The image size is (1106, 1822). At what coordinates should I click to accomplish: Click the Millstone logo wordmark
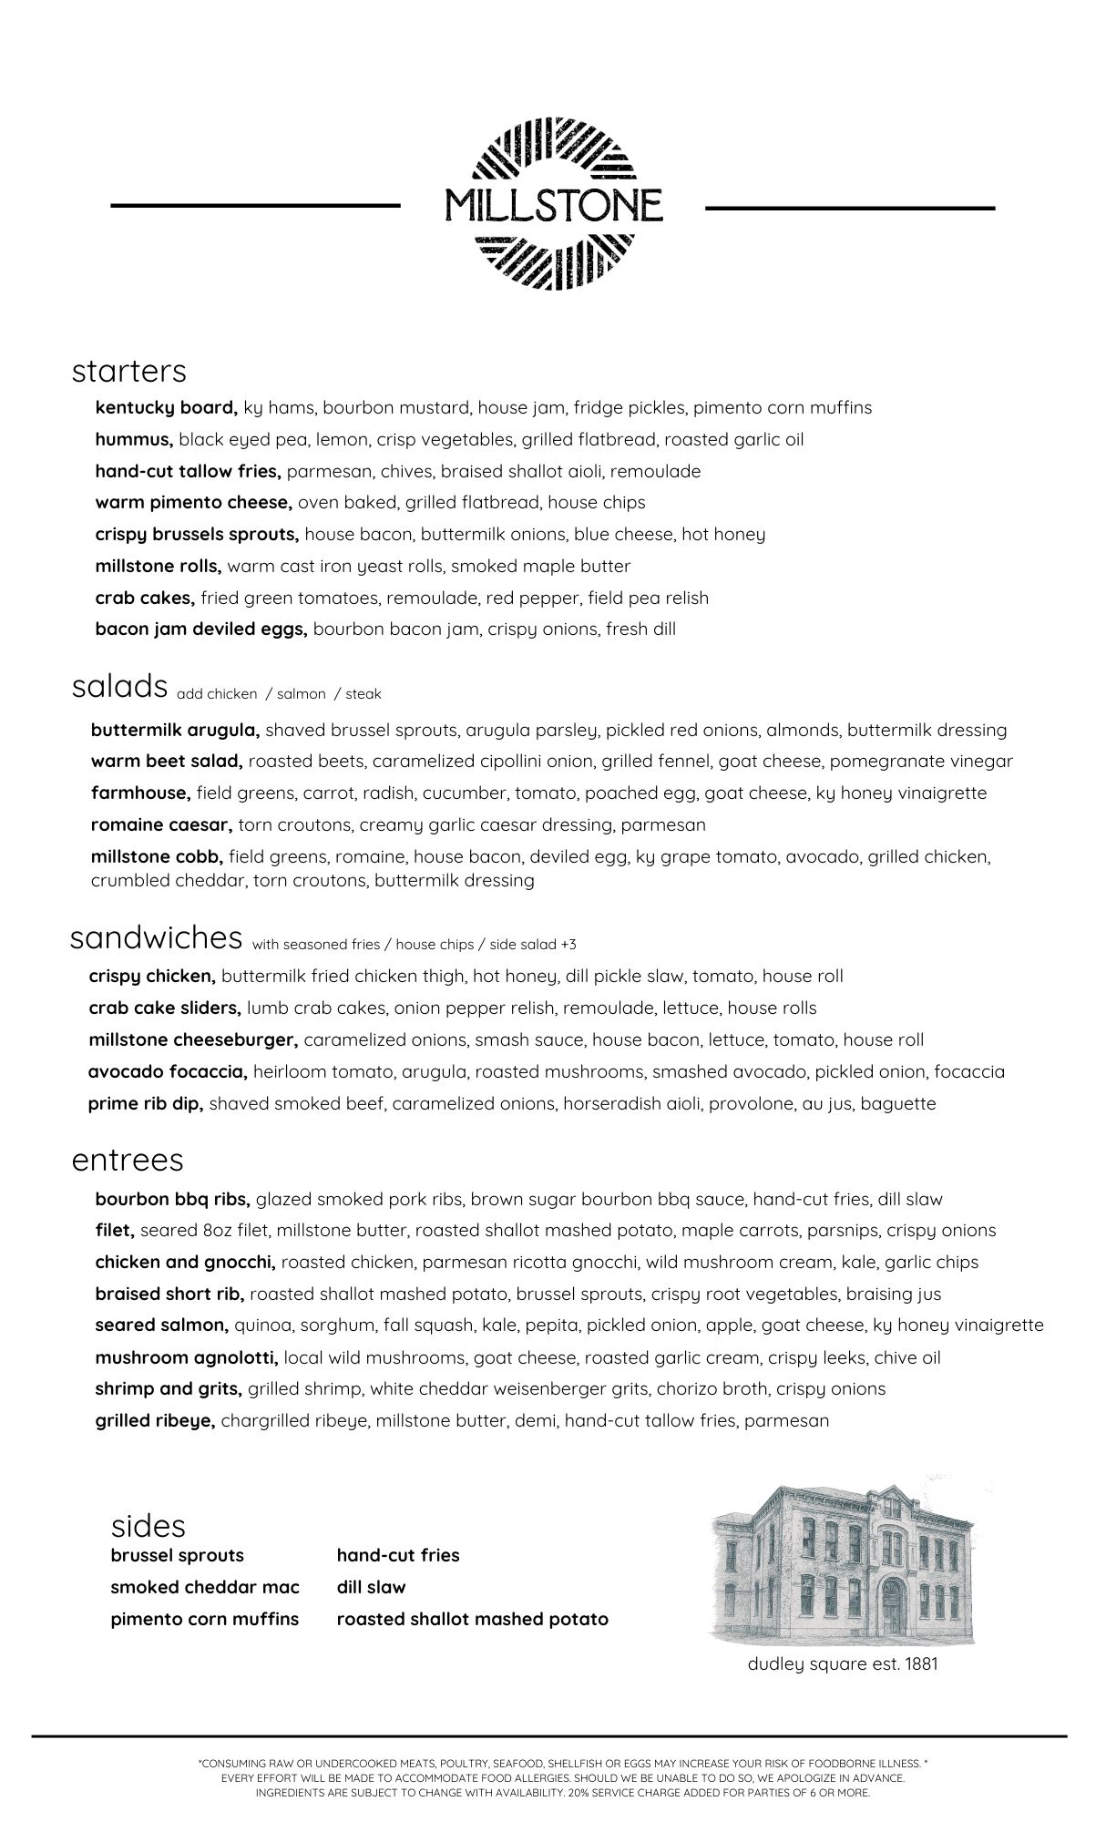pyautogui.click(x=553, y=206)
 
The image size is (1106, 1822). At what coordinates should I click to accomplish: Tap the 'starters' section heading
pyautogui.click(x=128, y=371)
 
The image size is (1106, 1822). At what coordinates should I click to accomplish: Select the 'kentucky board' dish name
pyautogui.click(x=166, y=407)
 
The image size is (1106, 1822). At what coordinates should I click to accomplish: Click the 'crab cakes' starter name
pyautogui.click(x=145, y=598)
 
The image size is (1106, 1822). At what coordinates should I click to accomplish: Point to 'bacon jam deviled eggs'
pyautogui.click(x=200, y=629)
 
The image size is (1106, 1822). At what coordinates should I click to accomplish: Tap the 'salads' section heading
pyautogui.click(x=119, y=686)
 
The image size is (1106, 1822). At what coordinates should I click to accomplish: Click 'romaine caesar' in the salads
pyautogui.click(x=161, y=825)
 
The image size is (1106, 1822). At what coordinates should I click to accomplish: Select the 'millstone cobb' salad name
pyautogui.click(x=157, y=856)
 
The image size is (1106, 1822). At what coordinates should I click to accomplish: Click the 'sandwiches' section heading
pyautogui.click(x=156, y=937)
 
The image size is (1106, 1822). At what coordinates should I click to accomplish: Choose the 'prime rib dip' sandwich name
pyautogui.click(x=145, y=1103)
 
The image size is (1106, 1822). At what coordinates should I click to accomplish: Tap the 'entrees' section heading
pyautogui.click(x=128, y=1160)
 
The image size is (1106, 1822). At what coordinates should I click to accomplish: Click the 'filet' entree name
pyautogui.click(x=115, y=1231)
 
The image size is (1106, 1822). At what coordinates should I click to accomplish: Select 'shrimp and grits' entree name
pyautogui.click(x=169, y=1389)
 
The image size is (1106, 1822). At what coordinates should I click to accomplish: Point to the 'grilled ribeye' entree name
pyautogui.click(x=155, y=1420)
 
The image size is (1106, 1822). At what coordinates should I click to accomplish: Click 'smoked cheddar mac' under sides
pyautogui.click(x=205, y=1587)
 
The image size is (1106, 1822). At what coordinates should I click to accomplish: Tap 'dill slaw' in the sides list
pyautogui.click(x=371, y=1587)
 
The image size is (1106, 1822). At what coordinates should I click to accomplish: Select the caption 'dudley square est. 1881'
pyautogui.click(x=843, y=1664)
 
